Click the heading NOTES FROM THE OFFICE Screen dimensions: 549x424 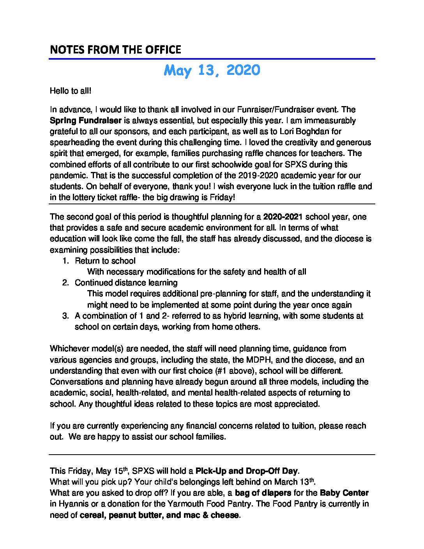[x=115, y=50]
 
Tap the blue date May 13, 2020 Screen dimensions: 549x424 [x=212, y=71]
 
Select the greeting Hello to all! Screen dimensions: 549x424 [x=71, y=91]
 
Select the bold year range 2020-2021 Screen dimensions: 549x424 [x=283, y=217]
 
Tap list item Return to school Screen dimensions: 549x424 [x=105, y=261]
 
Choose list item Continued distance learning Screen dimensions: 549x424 [x=126, y=283]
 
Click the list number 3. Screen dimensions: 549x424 [x=65, y=316]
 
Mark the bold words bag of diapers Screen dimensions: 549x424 [x=263, y=493]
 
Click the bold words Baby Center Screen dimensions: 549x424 [x=344, y=493]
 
